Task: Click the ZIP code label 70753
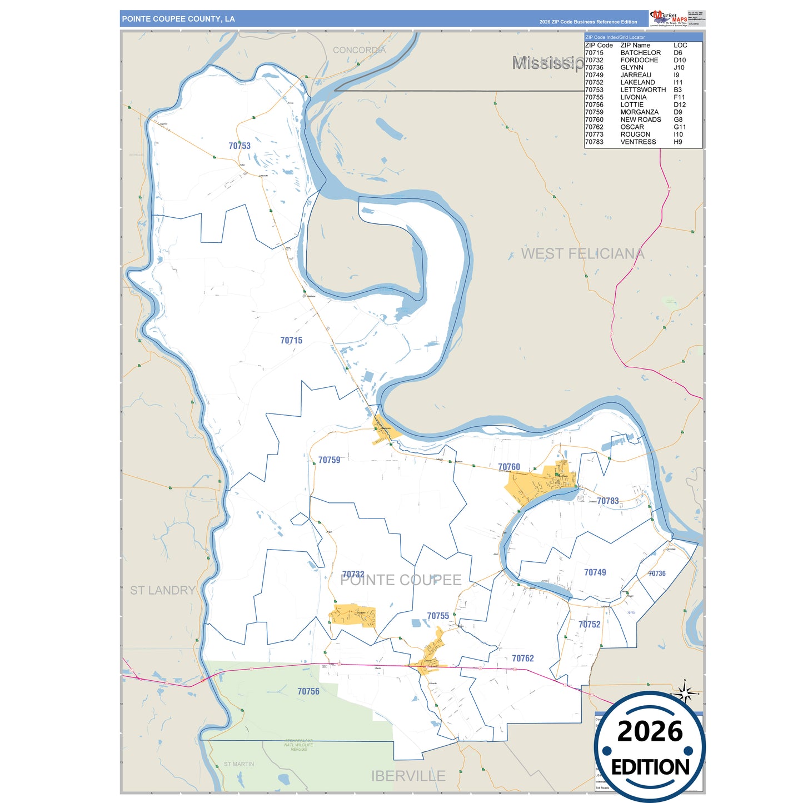pos(240,146)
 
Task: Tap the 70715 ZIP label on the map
pos(291,340)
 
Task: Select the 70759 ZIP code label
pos(329,460)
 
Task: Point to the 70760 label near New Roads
pos(509,467)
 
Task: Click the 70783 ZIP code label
pos(608,501)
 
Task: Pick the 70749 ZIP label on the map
pos(595,572)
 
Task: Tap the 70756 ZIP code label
pos(308,691)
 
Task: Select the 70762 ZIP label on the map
pos(523,658)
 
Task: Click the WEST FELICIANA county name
pos(582,253)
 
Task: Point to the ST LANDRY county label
pos(163,590)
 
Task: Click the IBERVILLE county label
pos(408,776)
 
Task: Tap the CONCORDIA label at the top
pos(359,50)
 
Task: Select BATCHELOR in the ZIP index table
pos(641,53)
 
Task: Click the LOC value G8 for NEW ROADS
pos(678,119)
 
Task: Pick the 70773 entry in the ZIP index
pos(594,134)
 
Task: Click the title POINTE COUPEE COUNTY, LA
pos(178,19)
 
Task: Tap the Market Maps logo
pos(669,18)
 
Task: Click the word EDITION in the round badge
pos(650,767)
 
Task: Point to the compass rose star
pos(685,693)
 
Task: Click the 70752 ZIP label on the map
pos(590,624)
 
